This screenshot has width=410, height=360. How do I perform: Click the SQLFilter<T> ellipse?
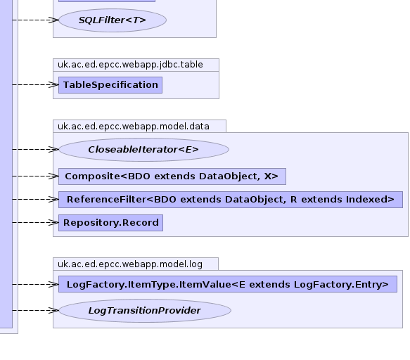(113, 20)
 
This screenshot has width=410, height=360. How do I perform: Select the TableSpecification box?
(110, 85)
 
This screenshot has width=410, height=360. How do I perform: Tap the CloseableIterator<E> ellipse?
(143, 150)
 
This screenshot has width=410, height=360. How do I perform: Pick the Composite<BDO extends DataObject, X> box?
(172, 176)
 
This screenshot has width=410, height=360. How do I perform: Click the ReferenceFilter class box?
(231, 200)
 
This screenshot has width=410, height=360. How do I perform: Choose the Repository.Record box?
(110, 223)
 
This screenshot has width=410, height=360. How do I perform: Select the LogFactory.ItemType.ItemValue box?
(228, 284)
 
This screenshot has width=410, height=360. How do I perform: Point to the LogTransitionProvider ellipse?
(145, 311)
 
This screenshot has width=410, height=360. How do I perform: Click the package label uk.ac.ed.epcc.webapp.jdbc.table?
(130, 65)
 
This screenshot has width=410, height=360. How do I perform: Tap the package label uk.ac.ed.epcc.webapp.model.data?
(134, 127)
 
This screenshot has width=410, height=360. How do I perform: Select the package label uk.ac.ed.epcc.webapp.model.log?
(130, 264)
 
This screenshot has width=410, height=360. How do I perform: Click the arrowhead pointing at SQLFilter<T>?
(54, 20)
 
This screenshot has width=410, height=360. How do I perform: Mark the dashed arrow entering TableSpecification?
(36, 84)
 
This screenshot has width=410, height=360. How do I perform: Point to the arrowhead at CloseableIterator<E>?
(54, 149)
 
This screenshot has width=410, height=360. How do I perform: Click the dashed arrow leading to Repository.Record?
(36, 222)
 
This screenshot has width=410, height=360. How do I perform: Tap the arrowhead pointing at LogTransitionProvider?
(54, 310)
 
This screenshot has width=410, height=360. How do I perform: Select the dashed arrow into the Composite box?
(36, 176)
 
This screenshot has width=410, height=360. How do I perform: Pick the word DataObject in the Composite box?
(229, 176)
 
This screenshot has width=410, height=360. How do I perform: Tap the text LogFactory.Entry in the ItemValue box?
(341, 285)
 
